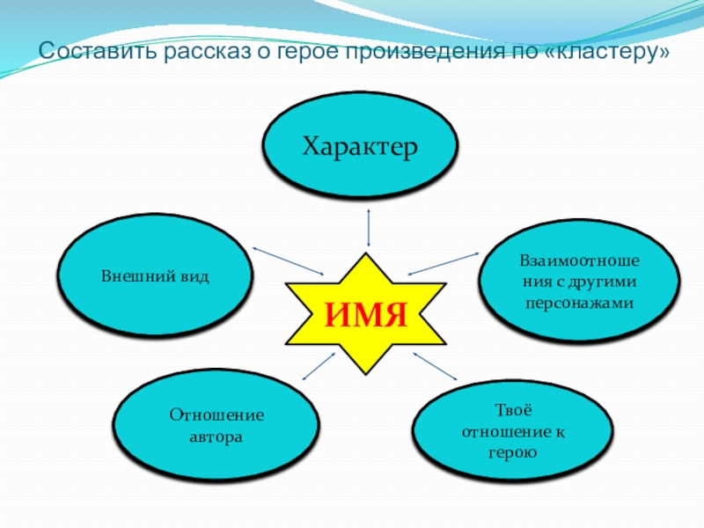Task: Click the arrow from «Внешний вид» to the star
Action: coord(288,261)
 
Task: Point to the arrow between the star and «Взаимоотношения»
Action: coord(443,262)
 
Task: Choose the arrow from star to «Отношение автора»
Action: coord(319,368)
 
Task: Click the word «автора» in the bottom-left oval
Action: coord(216,436)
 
